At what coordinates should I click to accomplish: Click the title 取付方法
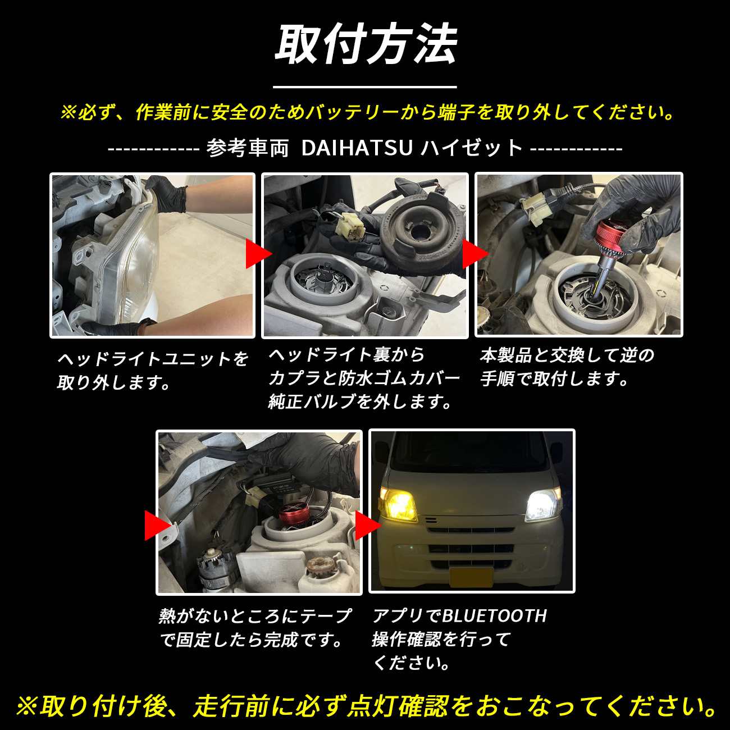365,45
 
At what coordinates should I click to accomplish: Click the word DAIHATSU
357,148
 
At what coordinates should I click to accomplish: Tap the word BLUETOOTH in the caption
494,616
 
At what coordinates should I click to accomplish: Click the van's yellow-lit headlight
399,504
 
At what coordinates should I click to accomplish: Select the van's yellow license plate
471,577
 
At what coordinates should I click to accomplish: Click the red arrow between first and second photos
257,254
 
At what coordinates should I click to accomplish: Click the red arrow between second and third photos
473,254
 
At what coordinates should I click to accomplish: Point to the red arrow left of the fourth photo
156,526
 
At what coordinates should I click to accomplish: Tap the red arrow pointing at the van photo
366,526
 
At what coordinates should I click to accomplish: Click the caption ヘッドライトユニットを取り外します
152,371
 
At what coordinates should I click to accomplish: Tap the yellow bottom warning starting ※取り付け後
365,706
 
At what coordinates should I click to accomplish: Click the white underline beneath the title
365,87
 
